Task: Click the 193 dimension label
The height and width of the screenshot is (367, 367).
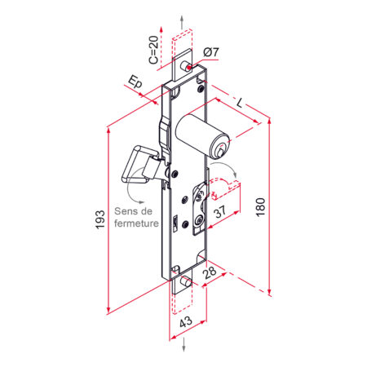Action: (x=100, y=219)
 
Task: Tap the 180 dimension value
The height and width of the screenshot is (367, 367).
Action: (x=260, y=207)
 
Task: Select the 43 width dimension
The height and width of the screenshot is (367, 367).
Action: (x=186, y=322)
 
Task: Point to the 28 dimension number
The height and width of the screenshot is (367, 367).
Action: (x=210, y=272)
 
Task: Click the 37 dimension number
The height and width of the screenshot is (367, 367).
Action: (x=220, y=211)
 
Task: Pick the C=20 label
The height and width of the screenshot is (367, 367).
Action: (x=153, y=50)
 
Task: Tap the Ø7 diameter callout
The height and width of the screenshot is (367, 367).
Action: (x=211, y=51)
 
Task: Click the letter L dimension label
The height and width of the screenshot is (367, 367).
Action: (x=240, y=103)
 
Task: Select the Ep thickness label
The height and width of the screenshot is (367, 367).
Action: (x=135, y=82)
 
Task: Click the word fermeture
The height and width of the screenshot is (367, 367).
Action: (x=136, y=223)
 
